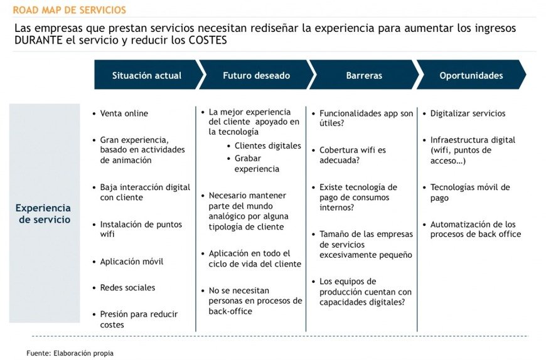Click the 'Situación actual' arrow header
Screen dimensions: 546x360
click(x=147, y=75)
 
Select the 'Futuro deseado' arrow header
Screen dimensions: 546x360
click(x=256, y=75)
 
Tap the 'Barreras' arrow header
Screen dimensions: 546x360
click(x=364, y=75)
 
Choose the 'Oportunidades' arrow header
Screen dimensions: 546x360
click(x=471, y=75)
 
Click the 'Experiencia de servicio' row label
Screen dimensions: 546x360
click(x=44, y=214)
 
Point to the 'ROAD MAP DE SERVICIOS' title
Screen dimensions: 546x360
click(x=69, y=10)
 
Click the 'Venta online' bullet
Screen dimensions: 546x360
click(x=124, y=114)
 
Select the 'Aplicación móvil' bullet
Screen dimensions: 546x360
click(x=132, y=261)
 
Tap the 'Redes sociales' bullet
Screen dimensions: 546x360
click(x=127, y=288)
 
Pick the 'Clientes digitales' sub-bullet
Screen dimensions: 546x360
click(x=268, y=146)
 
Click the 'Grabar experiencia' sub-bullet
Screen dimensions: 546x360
click(x=257, y=164)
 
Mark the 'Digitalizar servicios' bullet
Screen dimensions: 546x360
click(x=468, y=114)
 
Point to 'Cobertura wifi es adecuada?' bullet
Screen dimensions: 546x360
click(x=353, y=155)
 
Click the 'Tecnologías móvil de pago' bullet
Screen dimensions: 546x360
click(x=470, y=193)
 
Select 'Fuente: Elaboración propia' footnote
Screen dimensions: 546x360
click(x=70, y=353)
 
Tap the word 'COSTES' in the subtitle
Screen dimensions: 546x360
click(x=208, y=40)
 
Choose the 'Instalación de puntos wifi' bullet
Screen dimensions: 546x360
click(x=141, y=229)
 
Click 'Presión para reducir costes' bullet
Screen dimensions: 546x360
click(x=139, y=319)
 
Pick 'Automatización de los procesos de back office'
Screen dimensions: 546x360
click(x=476, y=229)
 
